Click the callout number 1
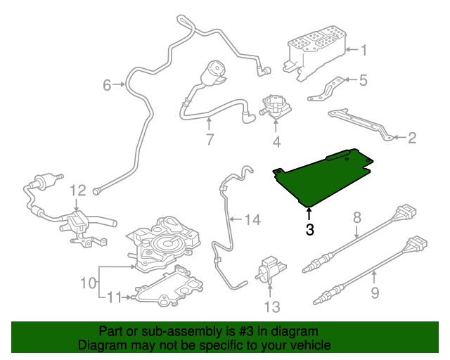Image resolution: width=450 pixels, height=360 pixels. (x=364, y=49)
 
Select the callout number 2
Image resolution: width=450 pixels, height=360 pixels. (x=411, y=138)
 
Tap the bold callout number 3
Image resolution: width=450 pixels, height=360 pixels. (x=309, y=229)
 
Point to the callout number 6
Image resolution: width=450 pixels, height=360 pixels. (x=107, y=85)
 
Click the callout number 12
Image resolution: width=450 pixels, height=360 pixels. (x=77, y=190)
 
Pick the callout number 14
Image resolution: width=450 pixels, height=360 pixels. (x=252, y=220)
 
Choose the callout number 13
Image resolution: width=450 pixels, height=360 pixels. (x=271, y=307)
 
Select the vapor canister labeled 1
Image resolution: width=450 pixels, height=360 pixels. (x=316, y=46)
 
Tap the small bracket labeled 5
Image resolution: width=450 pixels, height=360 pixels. (x=328, y=89)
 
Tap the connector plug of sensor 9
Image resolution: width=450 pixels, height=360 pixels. (x=415, y=245)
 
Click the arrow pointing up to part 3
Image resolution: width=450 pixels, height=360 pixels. (x=309, y=212)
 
